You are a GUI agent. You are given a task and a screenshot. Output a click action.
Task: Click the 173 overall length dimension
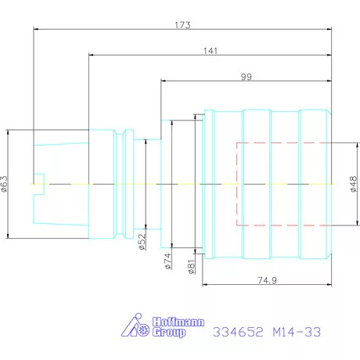click(x=182, y=25)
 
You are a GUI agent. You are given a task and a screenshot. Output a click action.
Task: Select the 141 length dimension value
click(x=211, y=51)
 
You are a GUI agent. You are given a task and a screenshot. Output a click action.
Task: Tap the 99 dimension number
click(x=247, y=77)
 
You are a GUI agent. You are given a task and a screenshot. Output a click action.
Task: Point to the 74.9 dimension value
click(x=267, y=280)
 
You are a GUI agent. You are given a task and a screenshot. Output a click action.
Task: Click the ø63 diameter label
click(x=5, y=184)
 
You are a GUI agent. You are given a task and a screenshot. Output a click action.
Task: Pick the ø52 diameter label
click(x=142, y=242)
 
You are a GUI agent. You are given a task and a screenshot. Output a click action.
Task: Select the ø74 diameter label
click(x=168, y=261)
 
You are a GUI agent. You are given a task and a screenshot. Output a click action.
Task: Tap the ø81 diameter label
click(x=191, y=266)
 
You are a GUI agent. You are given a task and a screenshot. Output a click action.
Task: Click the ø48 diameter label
click(x=353, y=184)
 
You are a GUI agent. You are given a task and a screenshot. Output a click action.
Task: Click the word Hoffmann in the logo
click(x=178, y=322)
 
